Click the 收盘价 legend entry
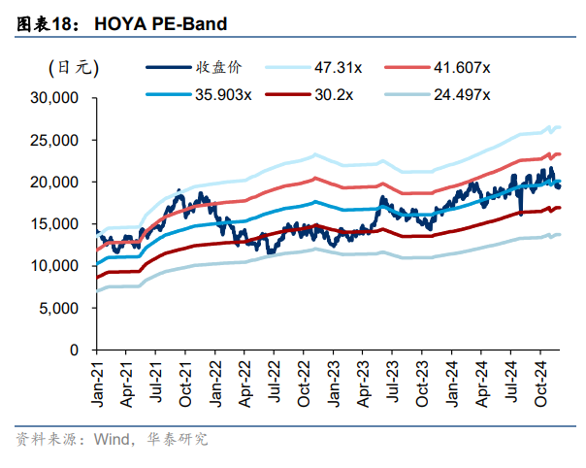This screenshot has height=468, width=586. [219, 67]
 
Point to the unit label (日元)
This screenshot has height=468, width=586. [74, 67]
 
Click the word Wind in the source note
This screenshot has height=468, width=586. [113, 439]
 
